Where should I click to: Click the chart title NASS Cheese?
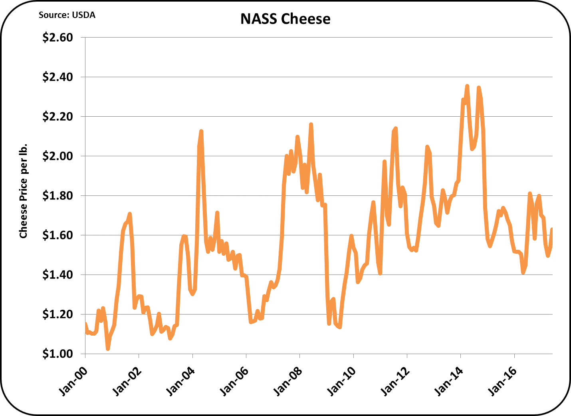tap(285, 19)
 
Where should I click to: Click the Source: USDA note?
tap(67, 15)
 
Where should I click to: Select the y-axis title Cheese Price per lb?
tap(23, 191)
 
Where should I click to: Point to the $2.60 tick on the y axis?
tap(57, 38)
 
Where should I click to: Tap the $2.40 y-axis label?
tap(57, 77)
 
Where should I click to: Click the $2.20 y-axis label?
tap(57, 117)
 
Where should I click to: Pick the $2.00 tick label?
tap(57, 156)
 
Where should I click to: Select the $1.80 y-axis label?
tap(57, 196)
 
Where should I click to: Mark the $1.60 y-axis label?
tap(57, 235)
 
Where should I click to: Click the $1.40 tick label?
tap(57, 275)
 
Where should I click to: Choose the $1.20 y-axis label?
tap(57, 314)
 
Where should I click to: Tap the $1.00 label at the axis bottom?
tap(57, 354)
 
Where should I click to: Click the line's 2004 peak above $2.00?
tap(201, 131)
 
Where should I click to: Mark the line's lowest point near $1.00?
tap(108, 348)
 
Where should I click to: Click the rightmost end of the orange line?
tap(552, 229)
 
